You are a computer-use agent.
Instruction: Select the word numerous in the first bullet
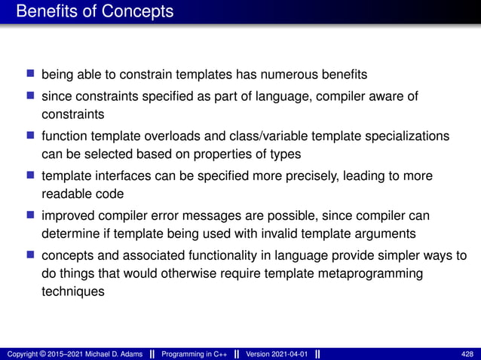(292, 75)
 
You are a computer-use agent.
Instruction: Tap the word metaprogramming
(372, 274)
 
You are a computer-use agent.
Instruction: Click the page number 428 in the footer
(467, 353)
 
